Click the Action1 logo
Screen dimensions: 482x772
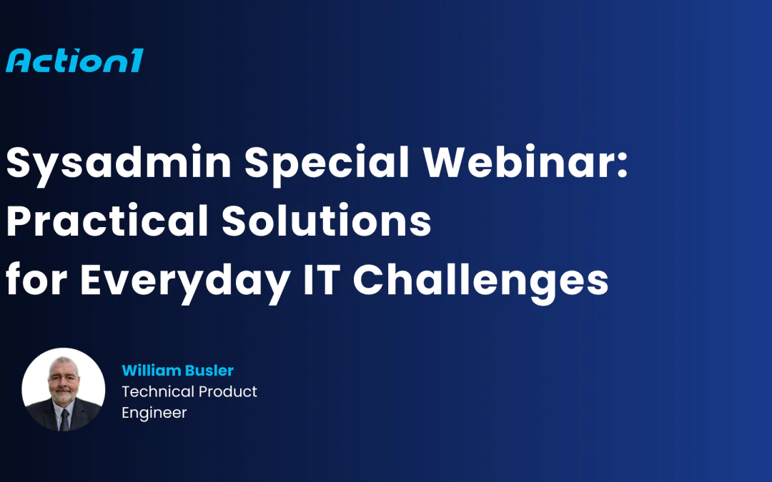pyautogui.click(x=74, y=60)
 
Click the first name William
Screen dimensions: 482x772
pyautogui.click(x=152, y=371)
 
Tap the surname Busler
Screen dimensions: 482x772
pyautogui.click(x=209, y=371)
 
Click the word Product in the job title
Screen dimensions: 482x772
pyautogui.click(x=229, y=391)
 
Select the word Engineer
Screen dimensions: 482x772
pyautogui.click(x=154, y=413)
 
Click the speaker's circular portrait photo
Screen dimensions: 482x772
pyautogui.click(x=64, y=390)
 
